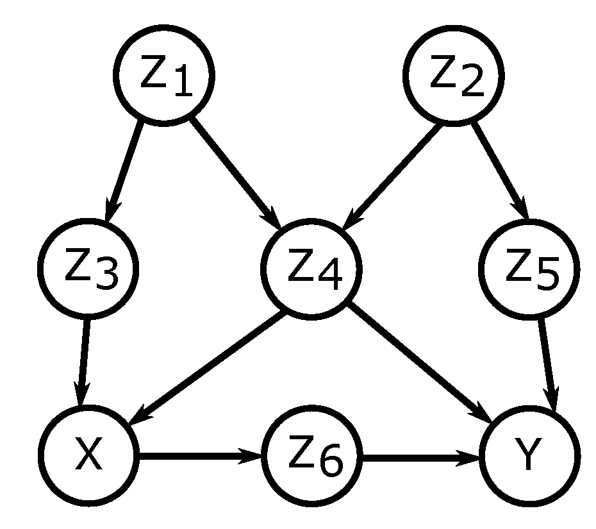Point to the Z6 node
pyautogui.click(x=312, y=457)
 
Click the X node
pyautogui.click(x=88, y=457)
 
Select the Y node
pyautogui.click(x=529, y=457)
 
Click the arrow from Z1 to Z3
pyautogui.click(x=126, y=170)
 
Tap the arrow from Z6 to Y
pyautogui.click(x=420, y=457)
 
